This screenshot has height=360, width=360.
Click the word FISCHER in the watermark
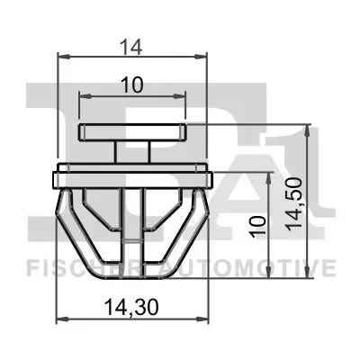tap(67, 268)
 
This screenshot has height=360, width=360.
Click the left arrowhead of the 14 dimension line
tap(61, 55)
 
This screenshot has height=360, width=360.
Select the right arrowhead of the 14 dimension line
tap(205, 55)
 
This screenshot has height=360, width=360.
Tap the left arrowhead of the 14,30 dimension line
tap(59, 319)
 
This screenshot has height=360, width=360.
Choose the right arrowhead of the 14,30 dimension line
tap(208, 319)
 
